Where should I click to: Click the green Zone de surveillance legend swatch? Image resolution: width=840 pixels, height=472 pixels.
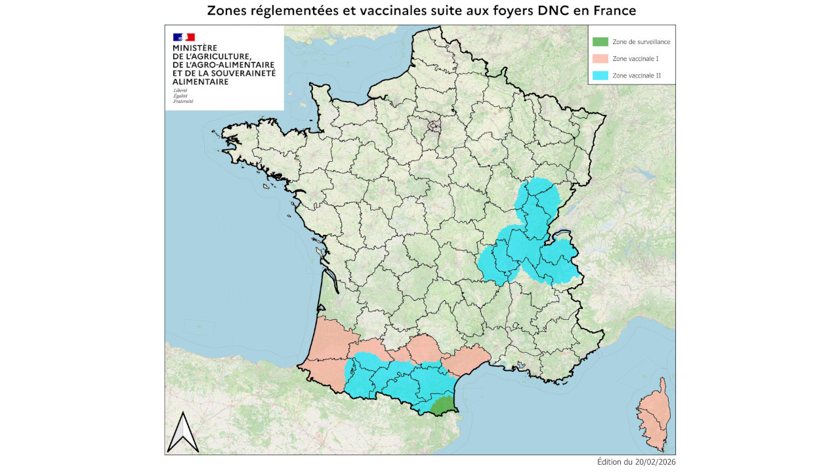tap(600, 41)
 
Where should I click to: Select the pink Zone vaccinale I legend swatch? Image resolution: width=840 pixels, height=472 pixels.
tap(600, 58)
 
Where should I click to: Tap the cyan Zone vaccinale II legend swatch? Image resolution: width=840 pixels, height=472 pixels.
tap(600, 75)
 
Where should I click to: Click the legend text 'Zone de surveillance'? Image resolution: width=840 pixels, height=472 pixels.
tap(641, 41)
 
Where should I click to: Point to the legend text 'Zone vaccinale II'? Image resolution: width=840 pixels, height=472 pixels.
tap(636, 76)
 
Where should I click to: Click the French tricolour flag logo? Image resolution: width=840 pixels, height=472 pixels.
tap(184, 37)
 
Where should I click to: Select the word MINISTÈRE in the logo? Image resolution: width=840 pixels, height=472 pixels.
tap(194, 49)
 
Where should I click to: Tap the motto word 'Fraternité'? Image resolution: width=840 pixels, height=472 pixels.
tap(183, 102)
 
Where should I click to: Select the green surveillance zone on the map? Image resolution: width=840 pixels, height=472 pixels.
tap(442, 406)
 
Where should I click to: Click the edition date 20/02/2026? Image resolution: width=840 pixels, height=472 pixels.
tap(653, 462)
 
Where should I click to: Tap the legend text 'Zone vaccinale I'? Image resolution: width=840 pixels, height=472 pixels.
tap(635, 59)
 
